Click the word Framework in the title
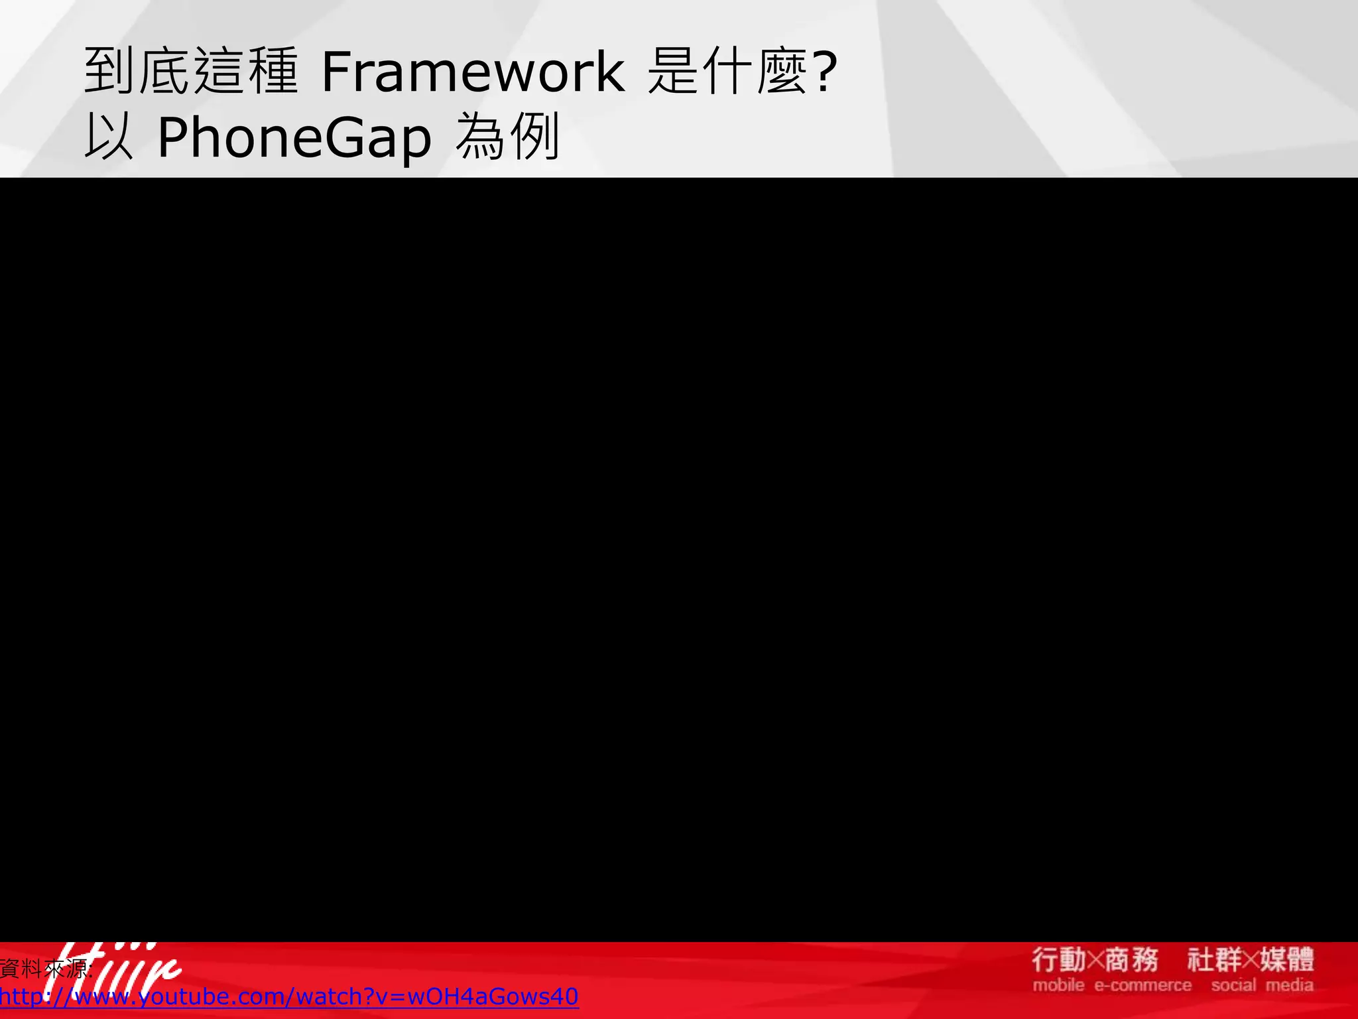click(x=472, y=72)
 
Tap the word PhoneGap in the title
click(x=294, y=138)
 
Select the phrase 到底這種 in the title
click(x=191, y=72)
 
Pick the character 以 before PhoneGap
click(x=108, y=138)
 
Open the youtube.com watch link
click(x=289, y=996)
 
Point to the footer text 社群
click(x=1213, y=960)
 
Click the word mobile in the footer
click(x=1058, y=985)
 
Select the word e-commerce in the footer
click(x=1142, y=985)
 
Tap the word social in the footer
click(x=1233, y=985)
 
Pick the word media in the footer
click(x=1290, y=985)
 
